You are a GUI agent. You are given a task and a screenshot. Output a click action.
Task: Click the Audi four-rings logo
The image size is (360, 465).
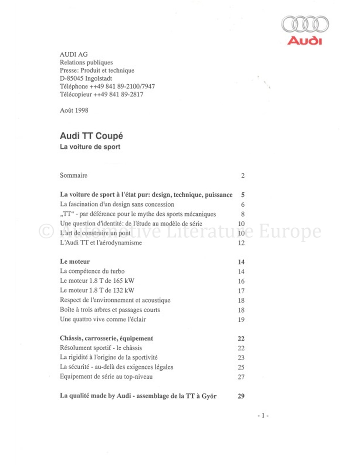pyautogui.click(x=305, y=24)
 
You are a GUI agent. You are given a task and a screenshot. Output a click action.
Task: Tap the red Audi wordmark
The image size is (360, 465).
pyautogui.click(x=305, y=41)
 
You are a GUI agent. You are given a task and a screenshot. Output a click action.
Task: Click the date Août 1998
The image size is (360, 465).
pyautogui.click(x=74, y=110)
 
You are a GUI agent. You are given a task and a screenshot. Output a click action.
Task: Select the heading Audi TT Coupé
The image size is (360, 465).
pyautogui.click(x=91, y=136)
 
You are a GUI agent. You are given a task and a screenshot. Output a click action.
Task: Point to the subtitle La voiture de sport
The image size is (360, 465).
pyautogui.click(x=90, y=147)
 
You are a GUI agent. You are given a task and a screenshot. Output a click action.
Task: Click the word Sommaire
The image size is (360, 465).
pyautogui.click(x=74, y=175)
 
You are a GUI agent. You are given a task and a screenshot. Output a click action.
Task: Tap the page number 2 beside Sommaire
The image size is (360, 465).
pyautogui.click(x=243, y=176)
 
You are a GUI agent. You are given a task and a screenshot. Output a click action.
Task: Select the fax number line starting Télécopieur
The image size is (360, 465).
pyautogui.click(x=101, y=95)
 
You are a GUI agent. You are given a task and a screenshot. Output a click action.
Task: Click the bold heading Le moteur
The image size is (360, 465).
pyautogui.click(x=75, y=262)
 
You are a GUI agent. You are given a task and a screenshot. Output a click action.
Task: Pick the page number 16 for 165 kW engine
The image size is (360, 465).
pyautogui.click(x=241, y=281)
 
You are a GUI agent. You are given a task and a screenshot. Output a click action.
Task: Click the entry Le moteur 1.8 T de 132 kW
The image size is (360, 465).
pyautogui.click(x=97, y=290)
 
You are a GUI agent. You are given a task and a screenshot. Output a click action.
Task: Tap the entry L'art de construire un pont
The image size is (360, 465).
pyautogui.click(x=95, y=233)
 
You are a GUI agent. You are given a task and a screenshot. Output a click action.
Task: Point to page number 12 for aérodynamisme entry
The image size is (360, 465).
pyautogui.click(x=241, y=243)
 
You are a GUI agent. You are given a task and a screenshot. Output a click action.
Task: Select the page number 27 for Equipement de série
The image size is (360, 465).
pyautogui.click(x=241, y=377)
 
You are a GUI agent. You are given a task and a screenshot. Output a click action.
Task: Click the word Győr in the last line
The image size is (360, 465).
pyautogui.click(x=209, y=396)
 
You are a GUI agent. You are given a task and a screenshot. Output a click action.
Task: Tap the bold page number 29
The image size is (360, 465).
pyautogui.click(x=241, y=396)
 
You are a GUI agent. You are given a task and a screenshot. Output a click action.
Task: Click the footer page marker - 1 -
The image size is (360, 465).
pyautogui.click(x=263, y=416)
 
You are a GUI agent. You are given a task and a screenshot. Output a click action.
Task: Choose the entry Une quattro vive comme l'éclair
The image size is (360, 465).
pyautogui.click(x=103, y=319)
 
